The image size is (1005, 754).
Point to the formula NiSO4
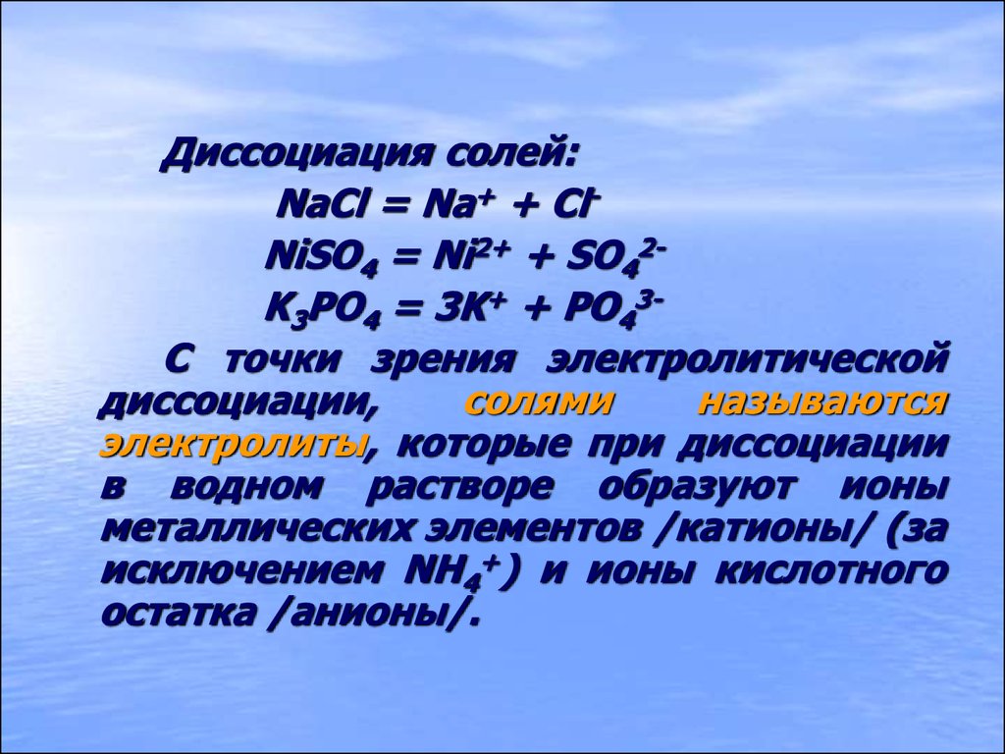322,258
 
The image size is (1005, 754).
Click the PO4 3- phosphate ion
612,310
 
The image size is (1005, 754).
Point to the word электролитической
746,359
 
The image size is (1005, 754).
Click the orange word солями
539,403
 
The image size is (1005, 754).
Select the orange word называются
822,403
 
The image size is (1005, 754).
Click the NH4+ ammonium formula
452,571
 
